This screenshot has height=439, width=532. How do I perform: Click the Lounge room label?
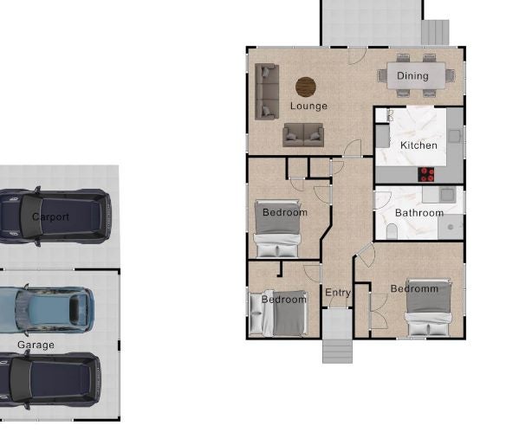(308, 107)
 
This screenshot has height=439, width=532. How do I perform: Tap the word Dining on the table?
(412, 75)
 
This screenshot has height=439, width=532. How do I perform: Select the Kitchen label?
(418, 145)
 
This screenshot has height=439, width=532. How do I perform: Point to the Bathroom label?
(419, 213)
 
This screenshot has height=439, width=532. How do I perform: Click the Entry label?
(338, 293)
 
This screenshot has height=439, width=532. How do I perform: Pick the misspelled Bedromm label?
(414, 289)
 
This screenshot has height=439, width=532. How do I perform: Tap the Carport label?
(50, 217)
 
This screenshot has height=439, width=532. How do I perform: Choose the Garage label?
(36, 345)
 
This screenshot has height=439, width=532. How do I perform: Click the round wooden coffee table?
(306, 87)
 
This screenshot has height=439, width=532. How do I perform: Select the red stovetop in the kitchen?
(425, 175)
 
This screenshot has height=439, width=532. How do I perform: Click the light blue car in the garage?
(47, 309)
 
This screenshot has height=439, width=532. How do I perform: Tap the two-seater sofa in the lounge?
(303, 135)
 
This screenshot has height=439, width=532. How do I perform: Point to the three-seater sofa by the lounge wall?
(267, 92)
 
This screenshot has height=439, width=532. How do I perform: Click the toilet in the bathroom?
(392, 231)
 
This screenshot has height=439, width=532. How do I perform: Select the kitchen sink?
(454, 136)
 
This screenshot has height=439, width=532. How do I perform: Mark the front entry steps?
(337, 352)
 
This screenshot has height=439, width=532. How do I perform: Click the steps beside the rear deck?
(435, 32)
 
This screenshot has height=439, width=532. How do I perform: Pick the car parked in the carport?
(55, 217)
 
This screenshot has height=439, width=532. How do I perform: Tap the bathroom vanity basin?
(447, 195)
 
